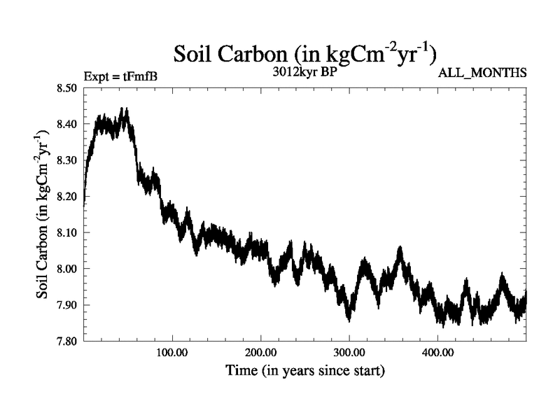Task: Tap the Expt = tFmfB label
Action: (x=120, y=75)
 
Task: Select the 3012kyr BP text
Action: (x=304, y=72)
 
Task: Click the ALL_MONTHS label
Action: (x=482, y=73)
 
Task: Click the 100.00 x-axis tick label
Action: (x=171, y=352)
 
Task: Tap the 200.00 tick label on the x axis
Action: (x=260, y=352)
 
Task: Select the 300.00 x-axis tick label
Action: (x=349, y=352)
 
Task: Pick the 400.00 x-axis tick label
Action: (x=437, y=352)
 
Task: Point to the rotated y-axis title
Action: (x=43, y=215)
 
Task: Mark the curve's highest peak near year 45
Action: (x=125, y=109)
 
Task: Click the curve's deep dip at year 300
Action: (x=349, y=319)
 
